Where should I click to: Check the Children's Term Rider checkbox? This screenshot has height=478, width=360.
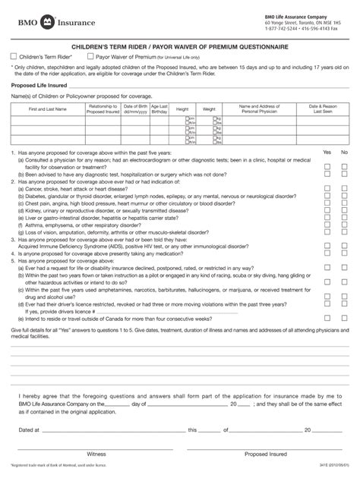pos(14,55)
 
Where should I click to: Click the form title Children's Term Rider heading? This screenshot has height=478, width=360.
pos(179,46)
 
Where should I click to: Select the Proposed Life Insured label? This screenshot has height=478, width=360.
pos(36,86)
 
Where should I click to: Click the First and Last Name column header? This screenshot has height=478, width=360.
pos(47,110)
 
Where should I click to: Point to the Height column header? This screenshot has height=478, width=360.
pos(182,110)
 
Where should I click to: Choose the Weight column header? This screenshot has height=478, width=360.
pos(209,110)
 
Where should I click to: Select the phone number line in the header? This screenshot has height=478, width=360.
pos(302,29)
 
